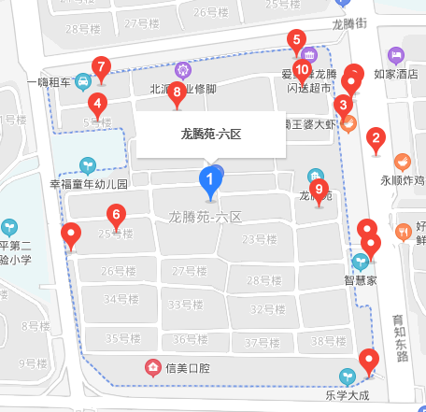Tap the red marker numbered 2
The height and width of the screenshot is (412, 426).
pyautogui.click(x=376, y=142)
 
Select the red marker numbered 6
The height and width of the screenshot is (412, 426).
pyautogui.click(x=116, y=215)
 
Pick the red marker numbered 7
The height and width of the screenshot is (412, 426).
pyautogui.click(x=101, y=67)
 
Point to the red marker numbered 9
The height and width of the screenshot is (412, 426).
pyautogui.click(x=319, y=191)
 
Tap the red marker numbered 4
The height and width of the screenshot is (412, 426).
pyautogui.click(x=98, y=104)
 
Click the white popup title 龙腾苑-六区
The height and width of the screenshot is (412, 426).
pyautogui.click(x=211, y=135)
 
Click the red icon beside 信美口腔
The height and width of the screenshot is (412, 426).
pyautogui.click(x=152, y=366)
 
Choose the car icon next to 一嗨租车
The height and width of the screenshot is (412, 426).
pyautogui.click(x=84, y=80)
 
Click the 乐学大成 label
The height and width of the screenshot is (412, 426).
pyautogui.click(x=348, y=395)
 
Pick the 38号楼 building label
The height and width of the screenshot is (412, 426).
pyautogui.click(x=329, y=341)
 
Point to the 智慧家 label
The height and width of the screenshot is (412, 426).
pyautogui.click(x=361, y=278)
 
